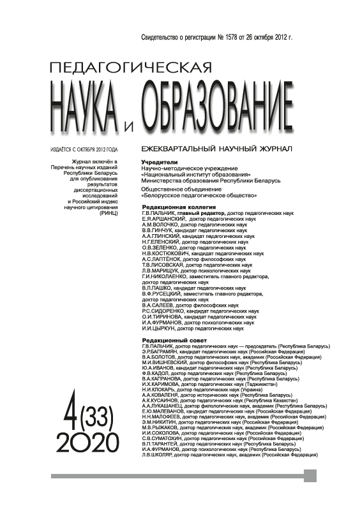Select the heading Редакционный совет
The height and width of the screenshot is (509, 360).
pos(172,341)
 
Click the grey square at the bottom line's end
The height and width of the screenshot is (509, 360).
pos(310,476)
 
